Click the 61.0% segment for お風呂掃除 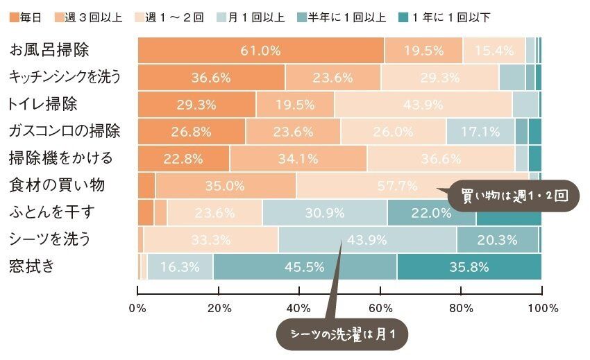[261, 51]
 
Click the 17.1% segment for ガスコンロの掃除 [480, 132]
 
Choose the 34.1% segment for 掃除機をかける [298, 159]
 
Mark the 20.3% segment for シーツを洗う [497, 240]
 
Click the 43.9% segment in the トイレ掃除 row [423, 105]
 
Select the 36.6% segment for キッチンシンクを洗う [211, 78]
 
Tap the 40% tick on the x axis [299, 308]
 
